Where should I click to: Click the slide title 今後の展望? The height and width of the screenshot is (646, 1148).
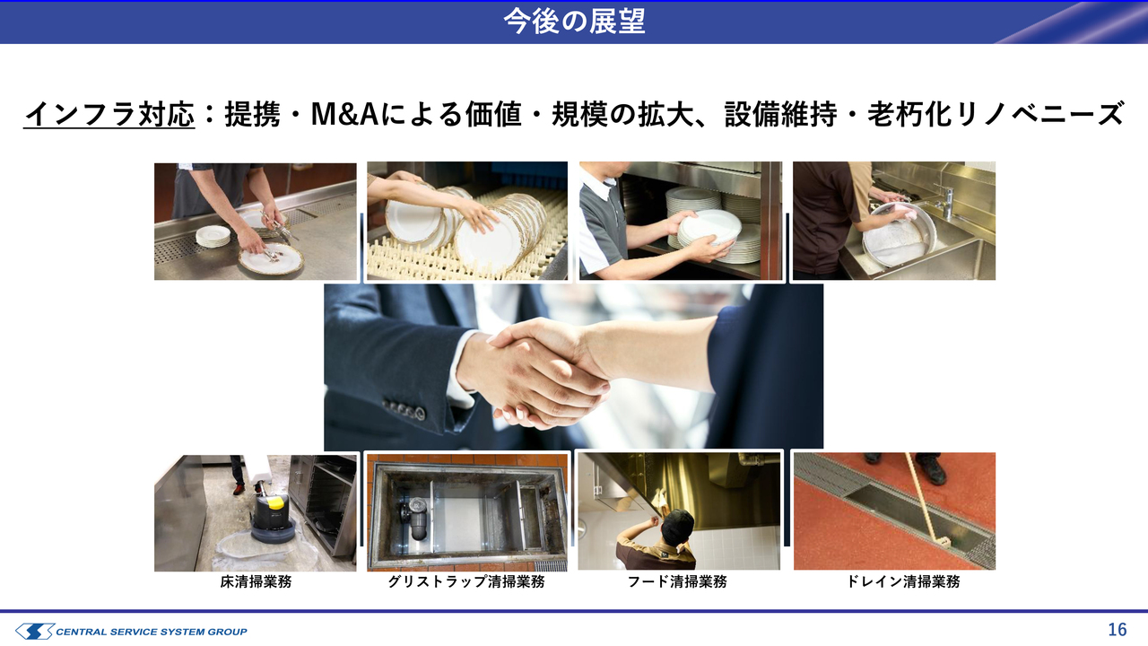[574, 22]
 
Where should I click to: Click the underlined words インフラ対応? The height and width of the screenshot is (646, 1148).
[109, 114]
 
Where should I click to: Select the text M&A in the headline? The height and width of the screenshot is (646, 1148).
[344, 114]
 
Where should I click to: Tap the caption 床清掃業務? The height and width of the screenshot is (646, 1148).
[256, 581]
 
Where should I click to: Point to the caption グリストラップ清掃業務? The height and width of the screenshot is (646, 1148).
[466, 581]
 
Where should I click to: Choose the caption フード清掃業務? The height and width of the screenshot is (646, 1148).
[677, 581]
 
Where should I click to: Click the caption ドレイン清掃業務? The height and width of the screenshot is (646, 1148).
[903, 581]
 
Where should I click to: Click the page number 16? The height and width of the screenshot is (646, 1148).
[1118, 629]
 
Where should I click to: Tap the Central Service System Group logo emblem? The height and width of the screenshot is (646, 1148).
[35, 631]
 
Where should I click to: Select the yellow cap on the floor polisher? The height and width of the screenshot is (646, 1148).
[275, 502]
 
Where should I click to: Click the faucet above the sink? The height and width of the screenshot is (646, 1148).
[947, 203]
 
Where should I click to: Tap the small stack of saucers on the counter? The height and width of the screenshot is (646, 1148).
[213, 236]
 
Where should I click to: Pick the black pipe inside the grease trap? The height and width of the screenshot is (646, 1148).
[417, 519]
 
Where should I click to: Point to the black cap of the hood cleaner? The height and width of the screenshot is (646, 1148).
[678, 525]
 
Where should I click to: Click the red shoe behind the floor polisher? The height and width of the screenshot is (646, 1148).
[239, 489]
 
